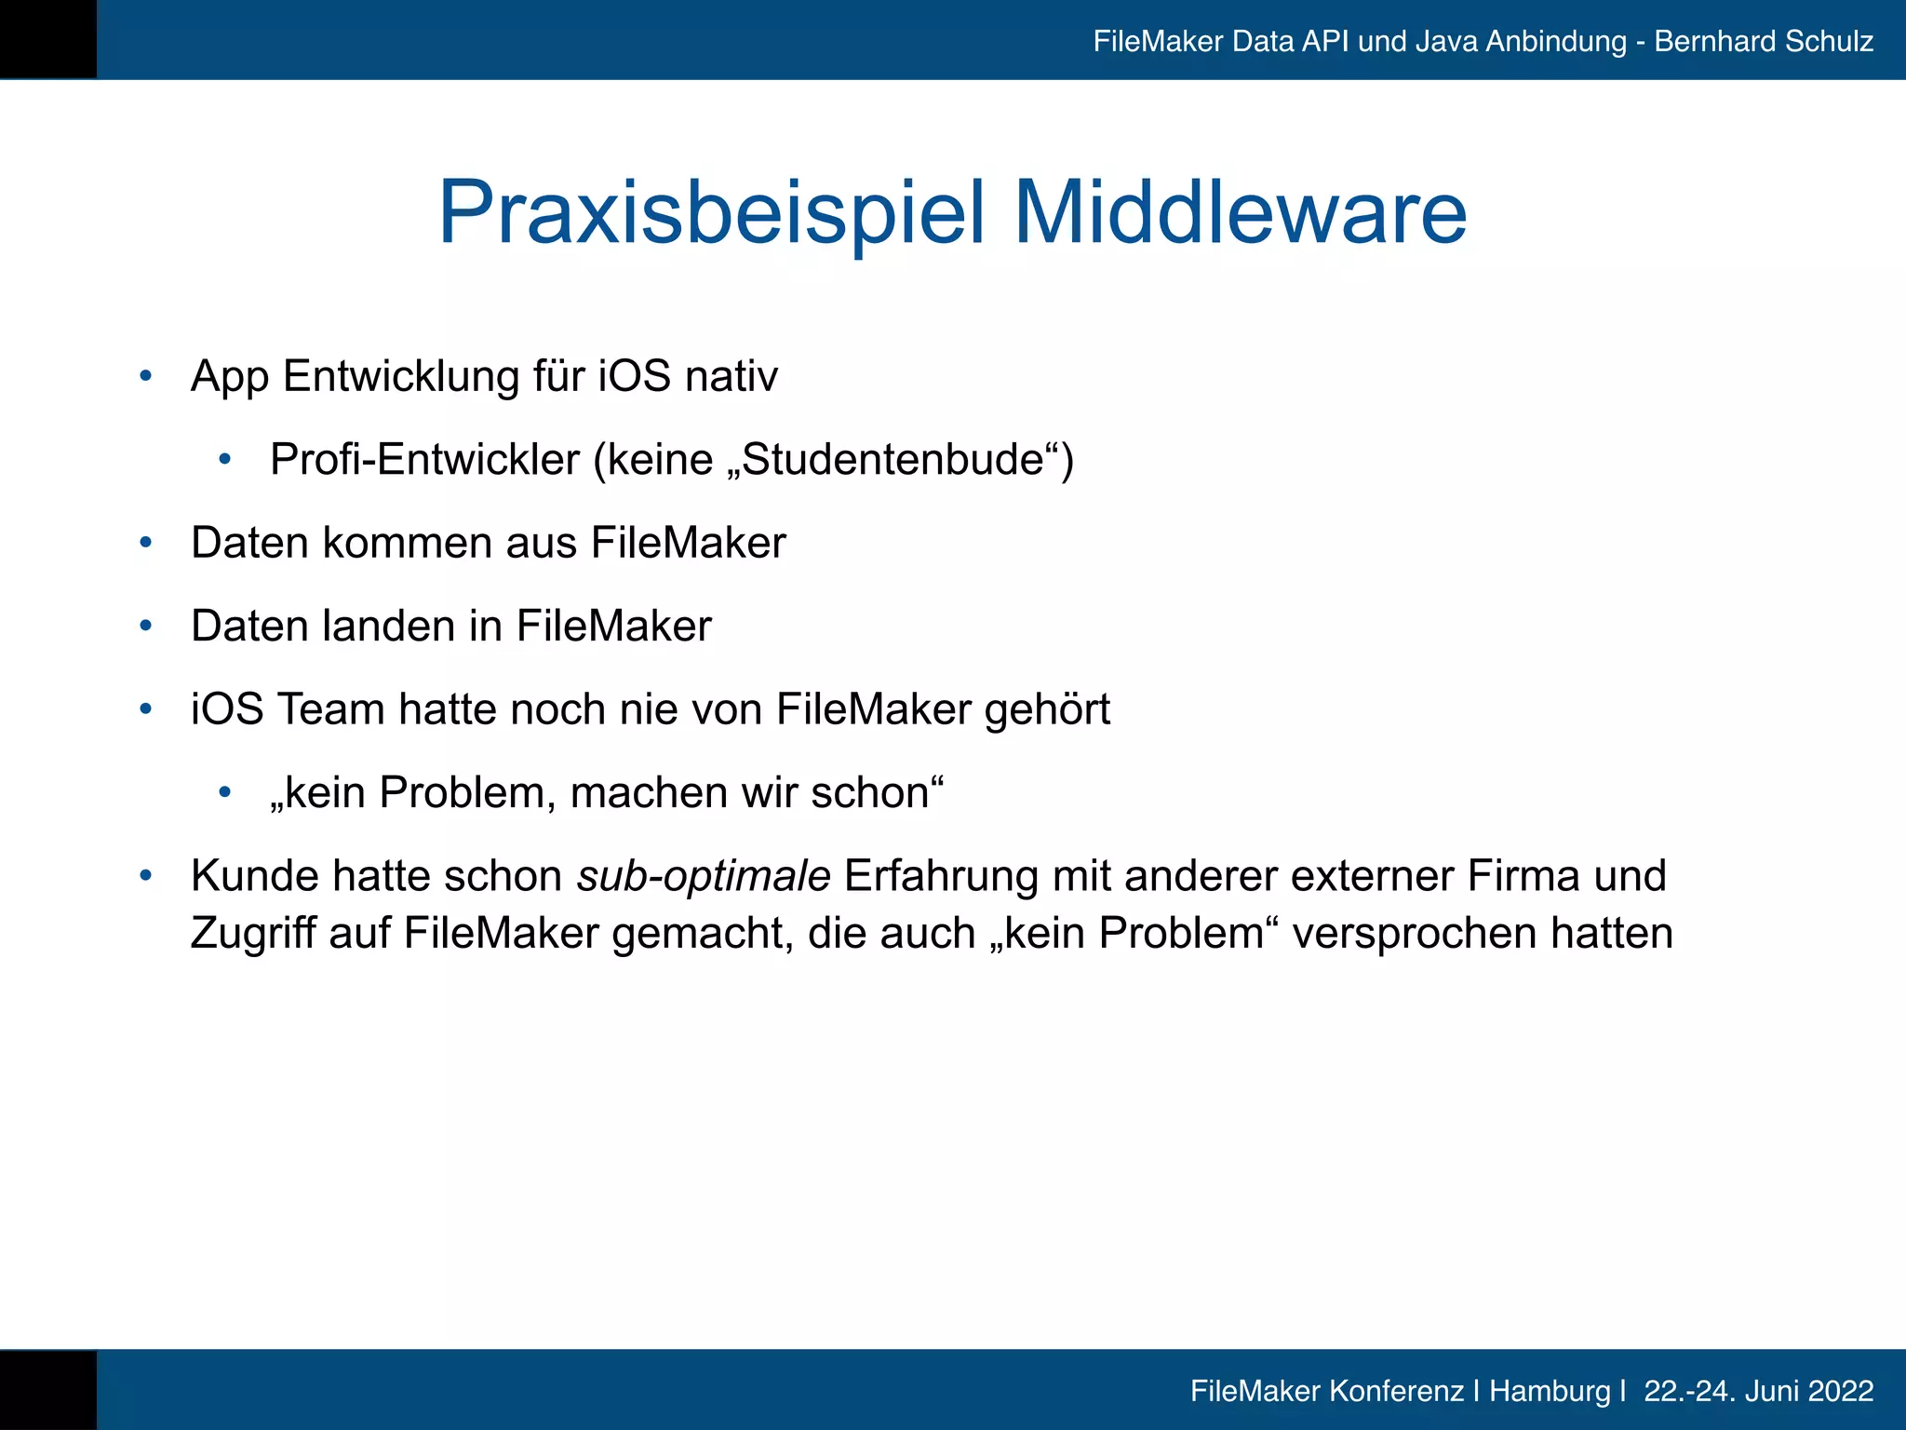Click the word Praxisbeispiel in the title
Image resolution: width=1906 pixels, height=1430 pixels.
[x=711, y=213]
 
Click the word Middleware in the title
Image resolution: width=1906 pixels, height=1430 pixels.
[x=1240, y=213]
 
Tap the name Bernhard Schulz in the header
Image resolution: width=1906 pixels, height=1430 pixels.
[x=1764, y=42]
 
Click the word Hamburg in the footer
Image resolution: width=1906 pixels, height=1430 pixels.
[x=1550, y=1391]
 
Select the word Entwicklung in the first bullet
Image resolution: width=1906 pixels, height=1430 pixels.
[x=401, y=377]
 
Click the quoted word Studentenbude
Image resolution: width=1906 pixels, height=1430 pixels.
[x=893, y=460]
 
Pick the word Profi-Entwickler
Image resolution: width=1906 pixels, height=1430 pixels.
[x=424, y=460]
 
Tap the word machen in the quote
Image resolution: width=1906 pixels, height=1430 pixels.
[x=649, y=793]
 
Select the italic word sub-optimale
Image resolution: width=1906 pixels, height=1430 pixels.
[x=704, y=877]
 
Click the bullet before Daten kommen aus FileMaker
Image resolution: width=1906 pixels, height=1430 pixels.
[x=145, y=544]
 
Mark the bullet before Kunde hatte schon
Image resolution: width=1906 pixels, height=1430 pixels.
[x=145, y=877]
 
